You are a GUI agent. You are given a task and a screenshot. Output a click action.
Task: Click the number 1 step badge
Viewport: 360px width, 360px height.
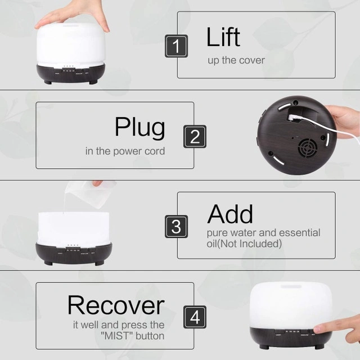point(176,46)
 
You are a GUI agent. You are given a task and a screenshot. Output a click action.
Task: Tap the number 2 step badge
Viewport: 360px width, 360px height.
point(195,136)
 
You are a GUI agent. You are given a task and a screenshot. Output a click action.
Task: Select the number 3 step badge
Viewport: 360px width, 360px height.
point(176,226)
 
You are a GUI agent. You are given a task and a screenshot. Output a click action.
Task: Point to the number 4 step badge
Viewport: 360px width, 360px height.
point(195,317)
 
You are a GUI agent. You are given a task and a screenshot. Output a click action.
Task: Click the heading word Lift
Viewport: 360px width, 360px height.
point(223,37)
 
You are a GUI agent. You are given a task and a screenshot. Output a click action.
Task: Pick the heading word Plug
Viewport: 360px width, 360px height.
point(140,128)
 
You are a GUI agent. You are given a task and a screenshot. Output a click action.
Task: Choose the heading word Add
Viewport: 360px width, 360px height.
point(230,214)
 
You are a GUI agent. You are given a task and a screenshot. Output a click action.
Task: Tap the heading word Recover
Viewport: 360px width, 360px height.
point(116,305)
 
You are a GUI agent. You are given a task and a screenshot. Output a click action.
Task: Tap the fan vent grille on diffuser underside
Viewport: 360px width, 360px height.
point(308,147)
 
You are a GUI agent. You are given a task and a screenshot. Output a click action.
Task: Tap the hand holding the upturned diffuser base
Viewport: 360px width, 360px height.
point(344,122)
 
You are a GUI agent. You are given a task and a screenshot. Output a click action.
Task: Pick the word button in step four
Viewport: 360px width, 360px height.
point(150,336)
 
